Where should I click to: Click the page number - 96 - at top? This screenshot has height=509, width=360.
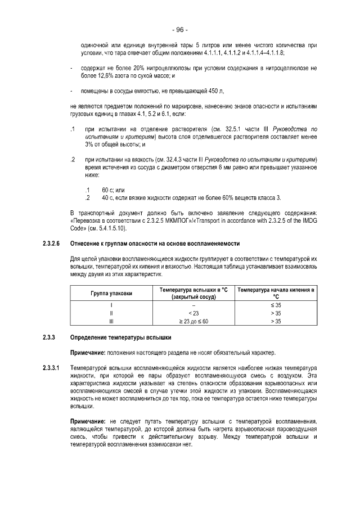(x=180, y=29)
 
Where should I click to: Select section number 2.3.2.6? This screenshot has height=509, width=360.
(x=51, y=244)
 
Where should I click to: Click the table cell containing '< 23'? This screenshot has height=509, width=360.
(x=193, y=313)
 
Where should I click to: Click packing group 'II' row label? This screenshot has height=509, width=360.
(x=111, y=313)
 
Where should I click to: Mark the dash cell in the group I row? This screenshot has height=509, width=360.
(x=193, y=305)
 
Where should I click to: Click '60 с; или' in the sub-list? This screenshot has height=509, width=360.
(x=113, y=191)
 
